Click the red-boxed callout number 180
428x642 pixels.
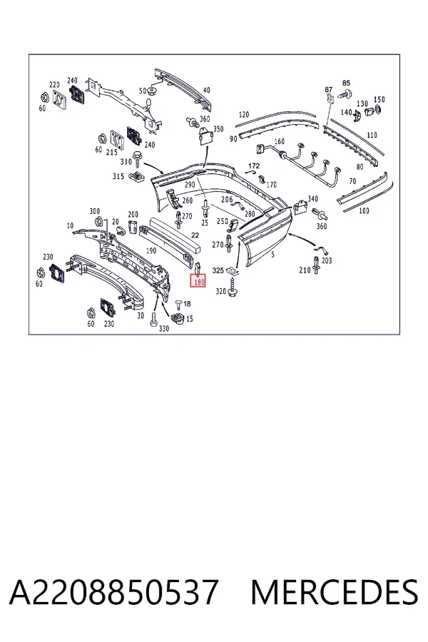pyautogui.click(x=198, y=282)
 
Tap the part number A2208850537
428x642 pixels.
pyautogui.click(x=113, y=592)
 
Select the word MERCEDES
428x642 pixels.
pyautogui.click(x=335, y=592)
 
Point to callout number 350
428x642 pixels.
pyautogui.click(x=218, y=129)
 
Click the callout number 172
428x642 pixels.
pyautogui.click(x=254, y=165)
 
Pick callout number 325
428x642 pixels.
pyautogui.click(x=218, y=270)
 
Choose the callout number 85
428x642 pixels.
pyautogui.click(x=347, y=83)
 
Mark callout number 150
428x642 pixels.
pyautogui.click(x=379, y=99)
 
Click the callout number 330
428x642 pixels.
pyautogui.click(x=164, y=328)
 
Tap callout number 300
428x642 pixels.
pyautogui.click(x=95, y=211)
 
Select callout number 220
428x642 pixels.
pyautogui.click(x=54, y=85)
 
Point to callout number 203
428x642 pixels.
pyautogui.click(x=327, y=260)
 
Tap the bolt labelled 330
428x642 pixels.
pyautogui.click(x=154, y=319)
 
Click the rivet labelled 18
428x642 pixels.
pyautogui.click(x=178, y=303)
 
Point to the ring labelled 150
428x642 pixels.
pyautogui.click(x=377, y=109)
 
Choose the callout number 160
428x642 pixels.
pyautogui.click(x=280, y=142)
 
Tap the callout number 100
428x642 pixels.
pyautogui.click(x=364, y=210)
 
